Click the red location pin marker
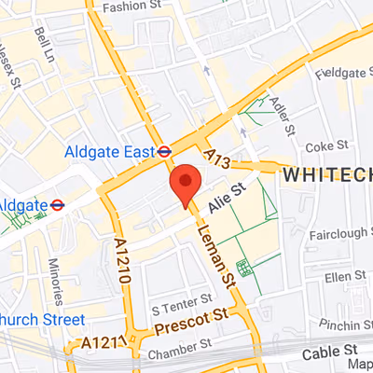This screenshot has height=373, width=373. pos(186,183)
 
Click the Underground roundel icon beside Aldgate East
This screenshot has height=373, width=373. pos(163,149)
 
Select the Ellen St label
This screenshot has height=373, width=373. pos(344,277)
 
